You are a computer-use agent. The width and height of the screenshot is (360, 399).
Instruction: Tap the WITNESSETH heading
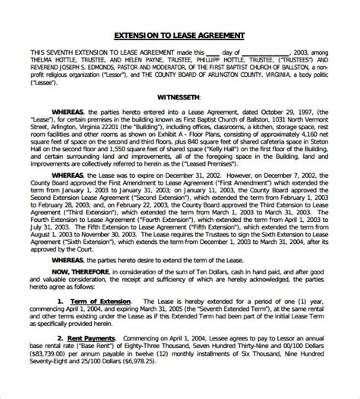(179, 97)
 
